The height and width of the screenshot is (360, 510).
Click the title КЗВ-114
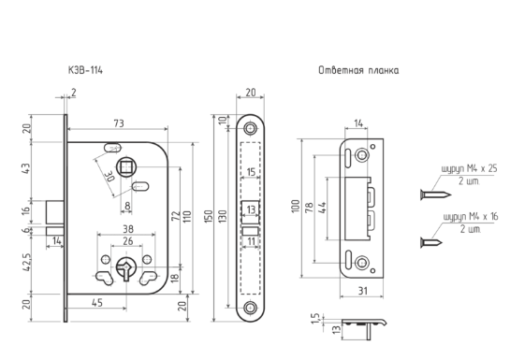click(x=85, y=70)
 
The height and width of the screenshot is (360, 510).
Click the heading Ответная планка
click(x=358, y=70)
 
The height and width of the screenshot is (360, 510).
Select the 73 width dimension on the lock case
click(x=119, y=123)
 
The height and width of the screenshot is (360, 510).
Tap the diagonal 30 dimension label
click(x=109, y=177)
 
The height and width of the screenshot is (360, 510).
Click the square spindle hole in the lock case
click(x=126, y=167)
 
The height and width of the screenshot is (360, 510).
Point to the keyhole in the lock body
click(x=126, y=268)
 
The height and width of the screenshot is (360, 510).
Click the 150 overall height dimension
click(x=209, y=216)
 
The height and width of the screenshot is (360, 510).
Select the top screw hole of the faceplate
click(x=250, y=129)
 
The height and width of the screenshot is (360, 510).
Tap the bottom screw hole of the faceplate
click(x=250, y=308)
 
